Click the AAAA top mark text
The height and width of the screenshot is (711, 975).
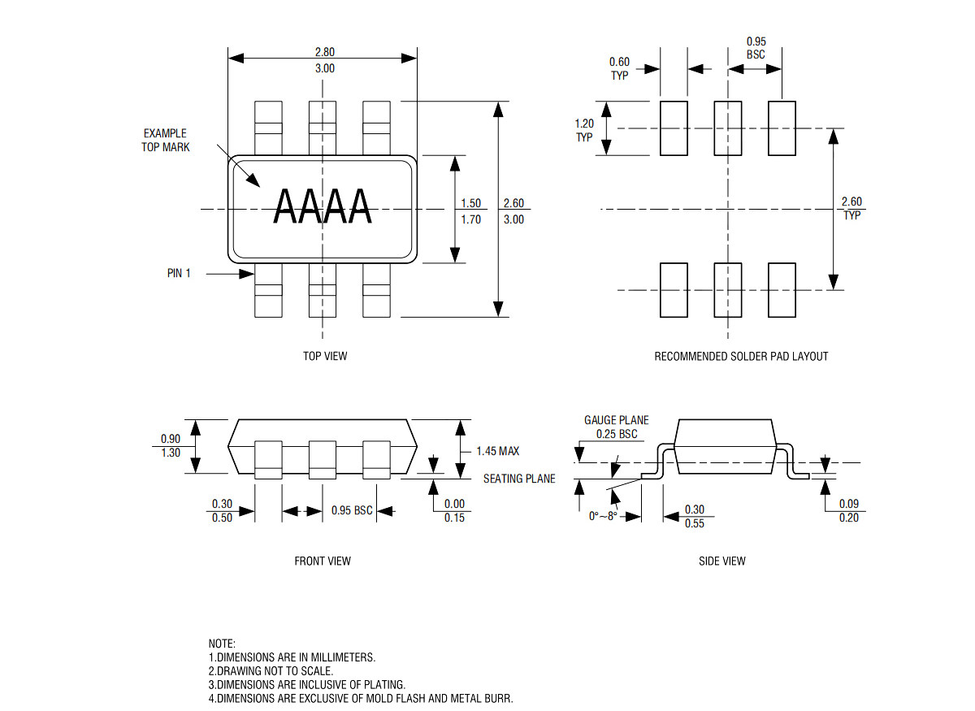tap(323, 206)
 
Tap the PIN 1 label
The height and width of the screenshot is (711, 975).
tap(179, 273)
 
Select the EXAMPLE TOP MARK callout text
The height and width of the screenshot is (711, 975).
tap(166, 141)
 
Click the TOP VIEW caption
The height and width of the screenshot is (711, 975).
tap(325, 356)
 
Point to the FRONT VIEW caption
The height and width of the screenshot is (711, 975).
tap(323, 561)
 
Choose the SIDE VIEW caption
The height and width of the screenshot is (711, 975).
tap(722, 561)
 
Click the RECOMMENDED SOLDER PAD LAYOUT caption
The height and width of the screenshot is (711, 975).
tap(741, 356)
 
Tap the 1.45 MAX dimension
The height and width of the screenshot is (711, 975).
tap(498, 451)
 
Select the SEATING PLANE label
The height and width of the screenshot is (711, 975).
tap(519, 479)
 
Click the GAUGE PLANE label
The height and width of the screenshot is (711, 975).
tap(617, 420)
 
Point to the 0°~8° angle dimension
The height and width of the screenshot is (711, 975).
tap(603, 516)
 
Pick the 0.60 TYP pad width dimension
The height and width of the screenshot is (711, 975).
tap(619, 69)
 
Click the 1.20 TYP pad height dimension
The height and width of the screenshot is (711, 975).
tap(584, 130)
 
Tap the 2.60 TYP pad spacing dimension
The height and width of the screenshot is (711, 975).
tap(851, 208)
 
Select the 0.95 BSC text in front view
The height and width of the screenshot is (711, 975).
tap(352, 509)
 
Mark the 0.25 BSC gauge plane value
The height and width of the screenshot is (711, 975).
tap(617, 434)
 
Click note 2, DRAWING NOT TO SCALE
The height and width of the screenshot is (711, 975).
tap(271, 670)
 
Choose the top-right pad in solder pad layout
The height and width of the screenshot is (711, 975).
tap(782, 128)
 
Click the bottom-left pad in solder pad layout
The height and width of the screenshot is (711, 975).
tap(674, 290)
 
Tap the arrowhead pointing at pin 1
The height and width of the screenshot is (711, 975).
tap(247, 274)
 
